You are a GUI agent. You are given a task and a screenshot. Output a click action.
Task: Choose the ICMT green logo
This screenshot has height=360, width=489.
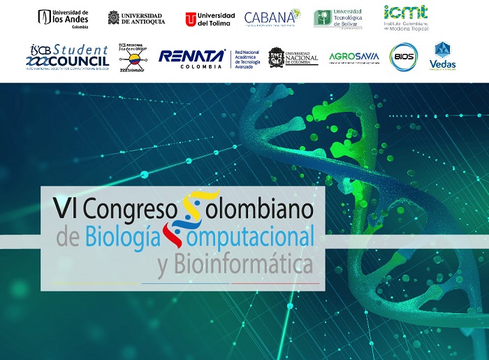pyautogui.click(x=405, y=18)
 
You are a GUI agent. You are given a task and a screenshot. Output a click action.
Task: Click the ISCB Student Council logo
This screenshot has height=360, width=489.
pyautogui.click(x=68, y=56)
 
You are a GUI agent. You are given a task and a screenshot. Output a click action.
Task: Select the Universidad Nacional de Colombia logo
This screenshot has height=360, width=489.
pyautogui.click(x=293, y=57)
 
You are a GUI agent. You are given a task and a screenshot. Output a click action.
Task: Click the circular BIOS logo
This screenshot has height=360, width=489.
pyautogui.click(x=403, y=57)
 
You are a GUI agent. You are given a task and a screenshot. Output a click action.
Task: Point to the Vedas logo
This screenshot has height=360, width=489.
pyautogui.click(x=442, y=57)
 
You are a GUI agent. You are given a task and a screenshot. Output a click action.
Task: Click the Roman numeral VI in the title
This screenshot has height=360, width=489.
pyautogui.click(x=64, y=208)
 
